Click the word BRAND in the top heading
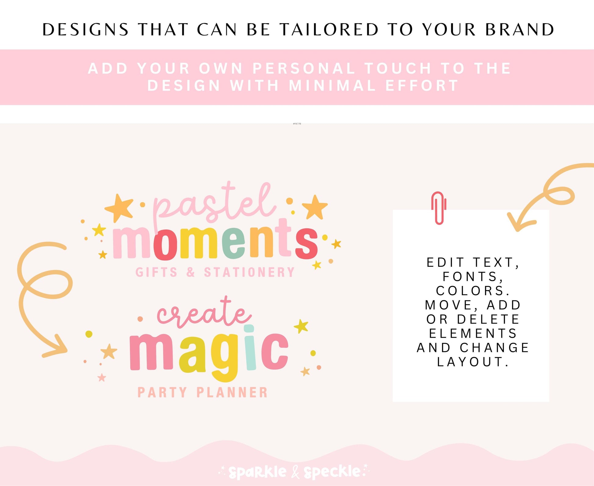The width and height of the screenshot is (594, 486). pyautogui.click(x=520, y=30)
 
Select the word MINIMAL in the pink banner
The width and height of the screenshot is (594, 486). pyautogui.click(x=332, y=85)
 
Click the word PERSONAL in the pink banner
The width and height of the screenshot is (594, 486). pyautogui.click(x=304, y=68)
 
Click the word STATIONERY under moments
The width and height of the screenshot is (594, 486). pyautogui.click(x=249, y=272)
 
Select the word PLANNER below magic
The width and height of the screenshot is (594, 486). pyautogui.click(x=232, y=392)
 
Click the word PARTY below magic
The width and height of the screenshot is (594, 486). pyautogui.click(x=162, y=392)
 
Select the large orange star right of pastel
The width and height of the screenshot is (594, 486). pyautogui.click(x=315, y=208)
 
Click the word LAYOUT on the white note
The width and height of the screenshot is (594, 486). pyautogui.click(x=473, y=362)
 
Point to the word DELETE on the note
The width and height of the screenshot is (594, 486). pyautogui.click(x=488, y=319)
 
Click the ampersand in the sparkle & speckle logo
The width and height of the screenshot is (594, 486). pyautogui.click(x=295, y=472)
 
